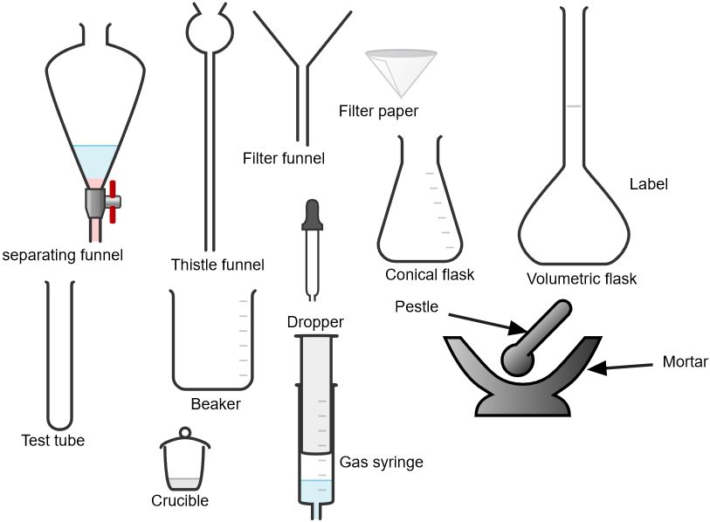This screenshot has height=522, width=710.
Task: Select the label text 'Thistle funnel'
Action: tap(217, 264)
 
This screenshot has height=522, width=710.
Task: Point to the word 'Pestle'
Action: tap(417, 306)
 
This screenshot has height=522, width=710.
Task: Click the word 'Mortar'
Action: tap(685, 361)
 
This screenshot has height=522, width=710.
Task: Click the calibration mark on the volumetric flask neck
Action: tap(573, 106)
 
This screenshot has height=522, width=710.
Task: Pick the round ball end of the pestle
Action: tap(518, 358)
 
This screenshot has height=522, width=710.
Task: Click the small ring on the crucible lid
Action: tap(184, 432)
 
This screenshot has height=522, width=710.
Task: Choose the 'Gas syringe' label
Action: tap(381, 463)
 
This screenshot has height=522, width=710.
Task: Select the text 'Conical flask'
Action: tap(430, 275)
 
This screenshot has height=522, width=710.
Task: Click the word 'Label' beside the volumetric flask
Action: tap(648, 184)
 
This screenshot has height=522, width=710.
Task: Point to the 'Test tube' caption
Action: tap(53, 441)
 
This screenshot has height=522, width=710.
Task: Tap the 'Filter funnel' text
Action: tap(284, 158)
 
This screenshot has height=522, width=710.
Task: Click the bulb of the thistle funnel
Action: tap(210, 29)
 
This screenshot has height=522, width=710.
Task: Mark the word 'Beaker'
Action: tap(216, 404)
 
